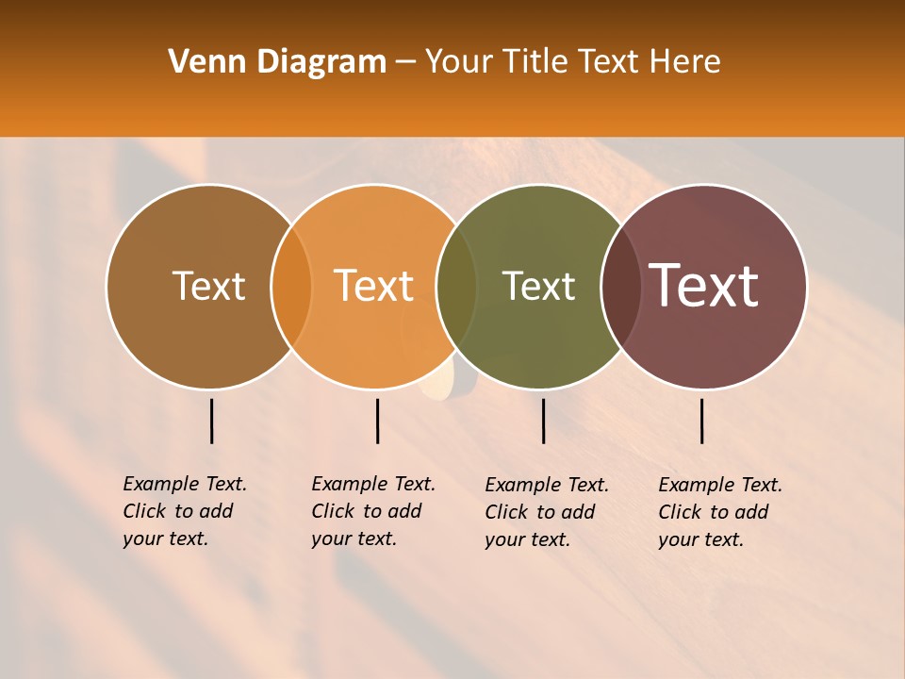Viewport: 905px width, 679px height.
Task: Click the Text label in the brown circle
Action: [x=208, y=286]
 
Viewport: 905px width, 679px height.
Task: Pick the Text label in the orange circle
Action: [x=374, y=286]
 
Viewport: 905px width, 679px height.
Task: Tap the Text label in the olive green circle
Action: [x=538, y=286]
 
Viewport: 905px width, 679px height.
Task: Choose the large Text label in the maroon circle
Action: [x=704, y=286]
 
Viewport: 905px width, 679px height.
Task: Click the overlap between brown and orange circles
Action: [x=291, y=287]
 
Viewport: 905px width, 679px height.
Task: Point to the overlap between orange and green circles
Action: [x=457, y=287]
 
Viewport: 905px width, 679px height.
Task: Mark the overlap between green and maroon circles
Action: [x=621, y=287]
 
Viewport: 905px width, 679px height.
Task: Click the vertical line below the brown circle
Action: [x=212, y=421]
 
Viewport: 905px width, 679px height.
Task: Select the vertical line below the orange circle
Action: [x=377, y=421]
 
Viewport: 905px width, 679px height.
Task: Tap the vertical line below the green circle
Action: [x=543, y=421]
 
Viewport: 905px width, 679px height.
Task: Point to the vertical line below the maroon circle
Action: [x=702, y=421]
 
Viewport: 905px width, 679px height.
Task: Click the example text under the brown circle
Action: [x=184, y=511]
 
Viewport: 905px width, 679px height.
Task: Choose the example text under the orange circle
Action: [x=372, y=511]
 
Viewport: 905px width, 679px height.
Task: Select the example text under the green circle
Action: [x=546, y=512]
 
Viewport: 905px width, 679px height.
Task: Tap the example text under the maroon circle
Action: [x=719, y=512]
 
